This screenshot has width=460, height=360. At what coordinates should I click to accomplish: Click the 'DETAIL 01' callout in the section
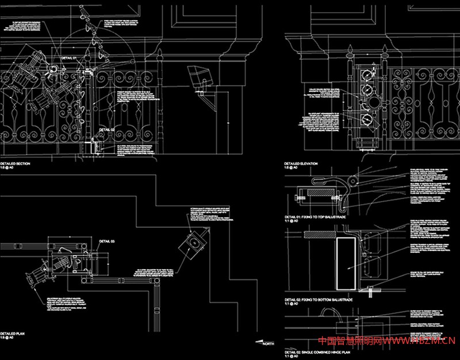[69, 51]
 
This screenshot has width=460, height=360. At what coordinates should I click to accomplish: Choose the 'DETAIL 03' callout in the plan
[108, 240]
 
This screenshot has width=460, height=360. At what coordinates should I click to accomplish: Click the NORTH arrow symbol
[264, 343]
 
